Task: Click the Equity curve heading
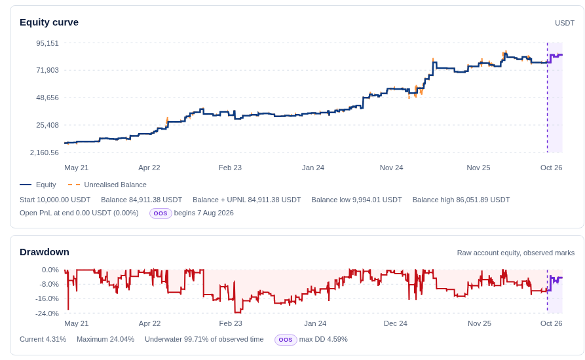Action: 49,22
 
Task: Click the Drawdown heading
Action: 45,252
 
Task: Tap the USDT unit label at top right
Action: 565,23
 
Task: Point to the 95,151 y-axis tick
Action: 47,43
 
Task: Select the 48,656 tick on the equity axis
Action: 47,98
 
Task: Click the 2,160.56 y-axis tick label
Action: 45,153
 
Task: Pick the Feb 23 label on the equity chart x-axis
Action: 230,168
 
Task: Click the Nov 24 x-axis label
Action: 391,168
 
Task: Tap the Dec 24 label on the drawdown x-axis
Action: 396,323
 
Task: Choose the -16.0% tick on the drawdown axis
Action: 47,299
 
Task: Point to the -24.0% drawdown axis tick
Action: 47,314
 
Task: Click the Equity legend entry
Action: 38,185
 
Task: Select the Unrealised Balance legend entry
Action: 107,185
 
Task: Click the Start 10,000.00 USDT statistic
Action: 55,200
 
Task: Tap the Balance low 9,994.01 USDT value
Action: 356,200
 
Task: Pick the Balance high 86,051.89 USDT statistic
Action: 461,200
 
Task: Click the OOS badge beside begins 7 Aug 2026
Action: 160,213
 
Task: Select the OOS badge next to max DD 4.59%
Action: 286,340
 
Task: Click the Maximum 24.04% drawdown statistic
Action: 105,340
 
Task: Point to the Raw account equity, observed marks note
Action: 516,253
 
